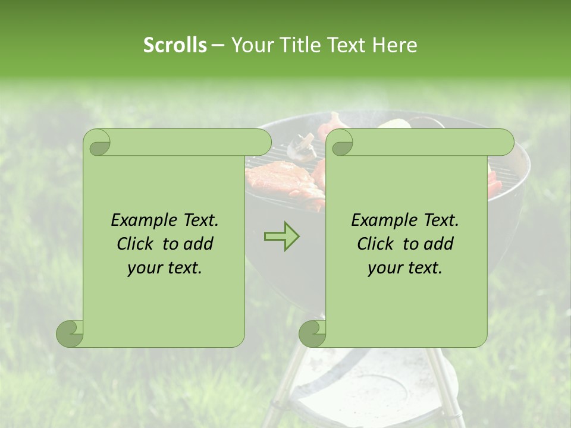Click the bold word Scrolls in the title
175,45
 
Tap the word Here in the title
395,45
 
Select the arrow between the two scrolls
281,237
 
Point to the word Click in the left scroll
137,244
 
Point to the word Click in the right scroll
378,244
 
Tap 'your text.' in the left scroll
165,267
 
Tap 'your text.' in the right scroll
405,267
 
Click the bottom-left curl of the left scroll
70,333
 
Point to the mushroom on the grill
302,147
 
